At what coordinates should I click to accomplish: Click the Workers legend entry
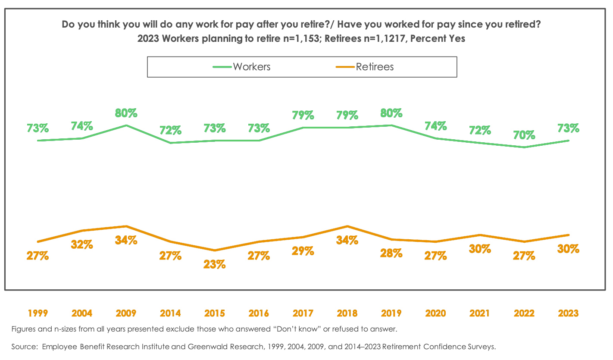point(251,67)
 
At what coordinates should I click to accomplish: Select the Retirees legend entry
point(374,67)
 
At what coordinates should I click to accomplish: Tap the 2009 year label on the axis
point(126,313)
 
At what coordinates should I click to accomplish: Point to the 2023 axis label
point(568,313)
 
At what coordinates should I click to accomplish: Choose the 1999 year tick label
point(38,313)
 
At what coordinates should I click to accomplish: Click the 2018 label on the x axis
point(347,313)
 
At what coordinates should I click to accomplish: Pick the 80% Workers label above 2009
point(126,113)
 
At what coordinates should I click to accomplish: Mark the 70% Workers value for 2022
point(524,135)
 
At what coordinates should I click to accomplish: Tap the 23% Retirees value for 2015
point(214,264)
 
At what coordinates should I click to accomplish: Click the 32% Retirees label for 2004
point(82,244)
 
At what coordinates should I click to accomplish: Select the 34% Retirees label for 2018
point(347,240)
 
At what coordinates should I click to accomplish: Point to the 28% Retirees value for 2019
point(391,253)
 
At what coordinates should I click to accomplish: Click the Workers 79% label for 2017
point(303,116)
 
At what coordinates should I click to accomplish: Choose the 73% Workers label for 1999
point(38,128)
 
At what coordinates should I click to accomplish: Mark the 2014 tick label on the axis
point(170,313)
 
